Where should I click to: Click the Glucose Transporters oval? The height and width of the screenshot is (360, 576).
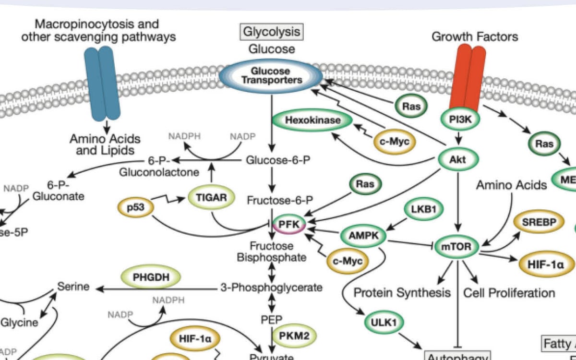272,75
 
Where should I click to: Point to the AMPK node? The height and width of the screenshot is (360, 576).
364,236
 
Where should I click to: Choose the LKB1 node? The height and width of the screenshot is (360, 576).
423,209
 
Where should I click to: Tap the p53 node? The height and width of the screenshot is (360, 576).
135,208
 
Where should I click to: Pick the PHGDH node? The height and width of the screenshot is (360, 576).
151,277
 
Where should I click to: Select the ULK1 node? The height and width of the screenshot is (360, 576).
384,323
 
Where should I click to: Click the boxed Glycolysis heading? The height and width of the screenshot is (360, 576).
272,32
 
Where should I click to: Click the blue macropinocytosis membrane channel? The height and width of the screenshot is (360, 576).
102,83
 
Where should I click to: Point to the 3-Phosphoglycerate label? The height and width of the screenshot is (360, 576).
271,288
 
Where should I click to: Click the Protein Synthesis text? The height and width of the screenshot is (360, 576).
402,292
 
